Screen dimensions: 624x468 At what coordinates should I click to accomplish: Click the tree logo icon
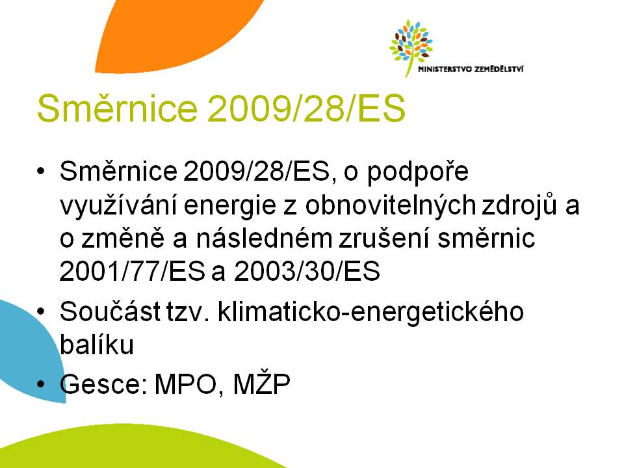411,47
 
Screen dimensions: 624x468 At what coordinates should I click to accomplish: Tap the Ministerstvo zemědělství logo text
471,70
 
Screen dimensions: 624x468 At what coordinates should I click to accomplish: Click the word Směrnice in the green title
117,109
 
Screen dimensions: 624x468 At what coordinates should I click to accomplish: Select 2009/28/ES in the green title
306,109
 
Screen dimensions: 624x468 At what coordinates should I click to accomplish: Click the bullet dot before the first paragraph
41,172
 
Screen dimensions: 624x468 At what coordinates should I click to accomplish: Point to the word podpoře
417,172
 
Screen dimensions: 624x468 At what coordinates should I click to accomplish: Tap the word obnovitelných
391,205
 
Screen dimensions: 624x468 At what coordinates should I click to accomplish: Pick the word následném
264,239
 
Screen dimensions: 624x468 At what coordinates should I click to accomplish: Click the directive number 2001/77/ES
132,272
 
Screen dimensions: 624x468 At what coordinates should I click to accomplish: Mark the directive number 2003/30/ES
307,272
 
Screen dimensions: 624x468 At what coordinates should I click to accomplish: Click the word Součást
110,311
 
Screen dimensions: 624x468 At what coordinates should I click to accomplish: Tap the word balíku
97,344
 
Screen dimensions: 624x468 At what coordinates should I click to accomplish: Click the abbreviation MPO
186,384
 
